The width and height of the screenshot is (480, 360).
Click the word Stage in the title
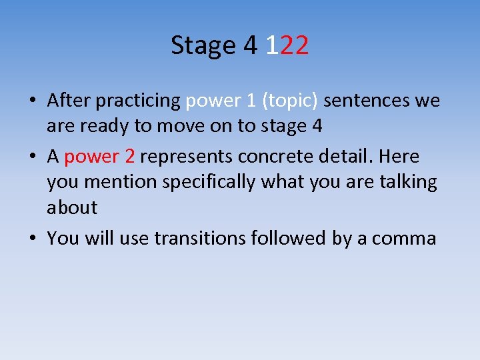pos(204,45)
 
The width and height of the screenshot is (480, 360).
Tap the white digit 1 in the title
pos(271,45)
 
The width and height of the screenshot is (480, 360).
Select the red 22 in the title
pos(294,45)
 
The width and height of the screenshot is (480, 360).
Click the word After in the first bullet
pos(69,101)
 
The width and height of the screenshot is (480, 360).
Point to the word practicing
pos(138,101)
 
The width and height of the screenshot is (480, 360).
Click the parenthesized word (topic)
pos(290,101)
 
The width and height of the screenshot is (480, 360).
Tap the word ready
pos(104,126)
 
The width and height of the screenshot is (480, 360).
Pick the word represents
pos(186,157)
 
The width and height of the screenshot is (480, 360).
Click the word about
pos(72,207)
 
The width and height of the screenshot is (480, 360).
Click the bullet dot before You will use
pos(32,239)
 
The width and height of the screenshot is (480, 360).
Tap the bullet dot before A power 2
pos(32,157)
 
